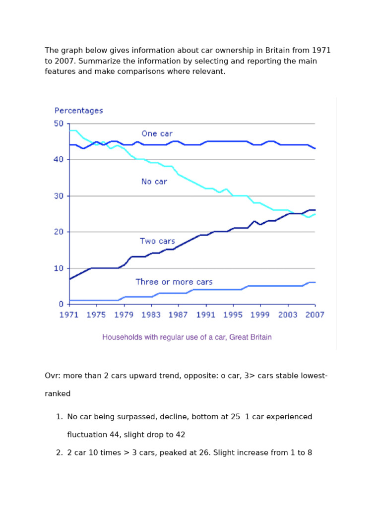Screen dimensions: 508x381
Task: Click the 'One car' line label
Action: pyautogui.click(x=157, y=133)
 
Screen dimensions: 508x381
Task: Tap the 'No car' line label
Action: pyautogui.click(x=154, y=182)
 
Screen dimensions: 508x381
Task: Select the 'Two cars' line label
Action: pyautogui.click(x=157, y=241)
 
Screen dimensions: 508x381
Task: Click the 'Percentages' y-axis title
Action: pyautogui.click(x=78, y=111)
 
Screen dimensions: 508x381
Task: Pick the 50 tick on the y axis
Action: pyautogui.click(x=59, y=124)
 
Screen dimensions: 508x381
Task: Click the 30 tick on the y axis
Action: pyautogui.click(x=59, y=196)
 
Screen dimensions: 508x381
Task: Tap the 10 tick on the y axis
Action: pyautogui.click(x=59, y=268)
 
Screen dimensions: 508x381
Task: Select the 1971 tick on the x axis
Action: pyautogui.click(x=69, y=315)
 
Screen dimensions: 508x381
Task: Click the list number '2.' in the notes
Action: pyautogui.click(x=60, y=452)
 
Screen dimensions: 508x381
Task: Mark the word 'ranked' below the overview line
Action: pyautogui.click(x=58, y=393)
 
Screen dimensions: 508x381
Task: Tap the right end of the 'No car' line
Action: pyautogui.click(x=315, y=214)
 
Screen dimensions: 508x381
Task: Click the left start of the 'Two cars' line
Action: pyautogui.click(x=70, y=279)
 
